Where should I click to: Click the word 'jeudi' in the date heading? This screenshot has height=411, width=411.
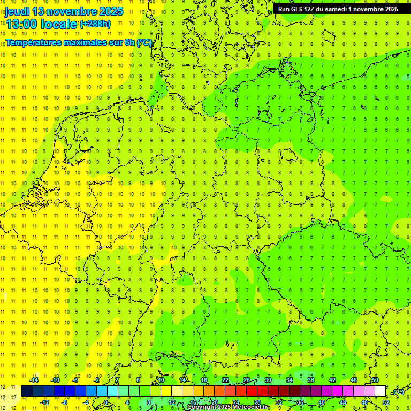click(18, 11)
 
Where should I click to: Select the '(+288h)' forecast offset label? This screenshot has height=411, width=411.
click(95, 24)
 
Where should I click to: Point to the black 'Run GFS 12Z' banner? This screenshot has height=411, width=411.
click(338, 9)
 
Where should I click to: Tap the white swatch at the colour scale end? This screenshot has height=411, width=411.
click(380, 391)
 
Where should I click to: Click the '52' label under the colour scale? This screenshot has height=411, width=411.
click(386, 402)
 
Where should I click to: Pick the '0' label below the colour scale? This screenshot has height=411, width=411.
click(106, 402)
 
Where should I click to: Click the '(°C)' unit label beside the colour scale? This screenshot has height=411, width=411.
click(398, 392)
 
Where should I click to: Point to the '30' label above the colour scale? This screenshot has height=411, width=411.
click(268, 380)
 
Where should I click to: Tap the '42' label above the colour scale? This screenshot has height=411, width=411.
click(332, 380)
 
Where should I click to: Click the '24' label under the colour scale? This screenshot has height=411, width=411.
click(235, 402)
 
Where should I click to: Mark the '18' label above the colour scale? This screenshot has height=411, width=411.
click(203, 380)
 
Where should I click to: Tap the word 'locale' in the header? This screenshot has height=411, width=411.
click(59, 24)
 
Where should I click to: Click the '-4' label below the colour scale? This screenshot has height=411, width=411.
click(86, 402)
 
